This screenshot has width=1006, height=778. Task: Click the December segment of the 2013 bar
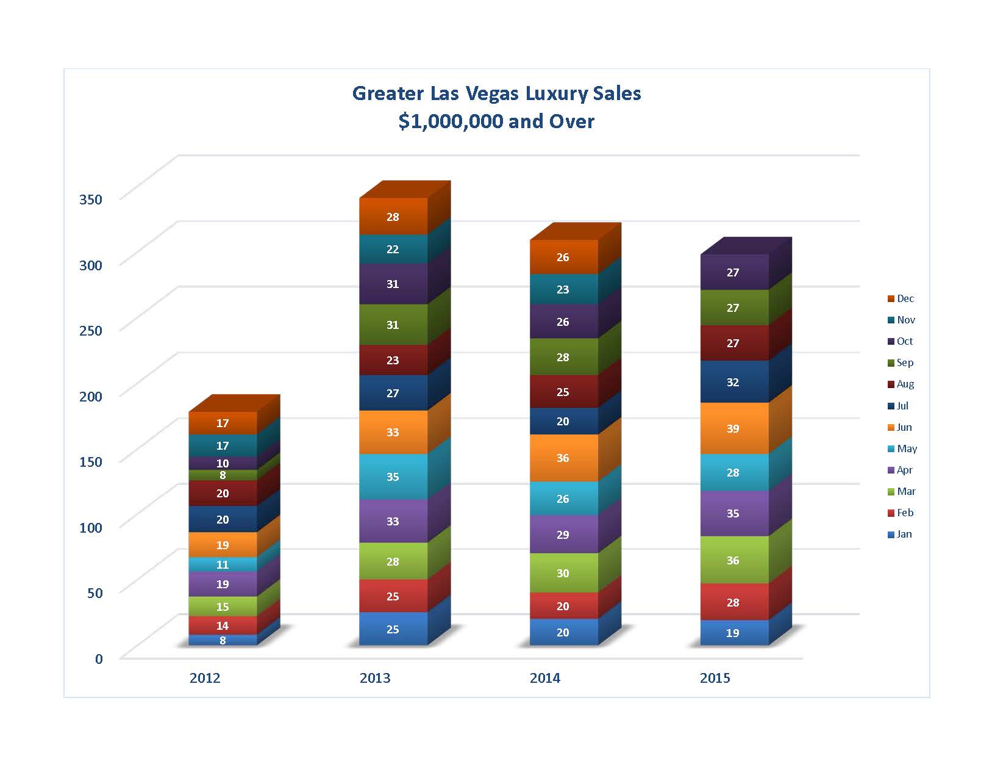point(393,217)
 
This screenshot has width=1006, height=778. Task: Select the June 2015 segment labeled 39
point(733,428)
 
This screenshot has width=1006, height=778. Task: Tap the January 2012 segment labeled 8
point(223,640)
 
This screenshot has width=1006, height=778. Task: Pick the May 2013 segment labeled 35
point(393,477)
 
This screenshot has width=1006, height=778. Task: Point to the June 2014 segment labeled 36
point(563,458)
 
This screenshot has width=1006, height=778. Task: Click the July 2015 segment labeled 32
point(733,382)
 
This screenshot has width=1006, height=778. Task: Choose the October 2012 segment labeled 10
point(223,463)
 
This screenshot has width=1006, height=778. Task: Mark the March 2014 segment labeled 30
point(563,573)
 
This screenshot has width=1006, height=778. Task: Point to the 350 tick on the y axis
point(91,199)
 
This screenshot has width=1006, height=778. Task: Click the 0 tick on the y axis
point(99,658)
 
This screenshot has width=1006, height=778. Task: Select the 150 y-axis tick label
point(91,461)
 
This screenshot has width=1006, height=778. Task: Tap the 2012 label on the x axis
point(205,678)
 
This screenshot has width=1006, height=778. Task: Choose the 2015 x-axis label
point(715,678)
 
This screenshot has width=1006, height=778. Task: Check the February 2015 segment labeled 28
point(733,602)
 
